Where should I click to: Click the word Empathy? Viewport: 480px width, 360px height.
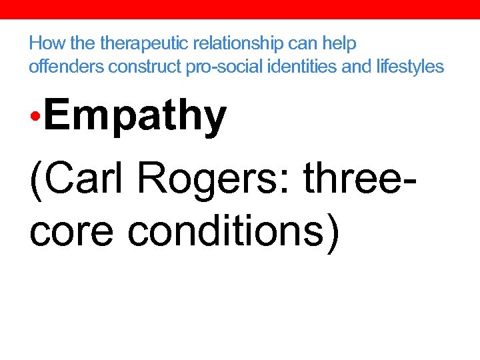[x=137, y=117]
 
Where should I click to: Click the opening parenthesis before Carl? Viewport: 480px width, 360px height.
[x=35, y=179]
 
